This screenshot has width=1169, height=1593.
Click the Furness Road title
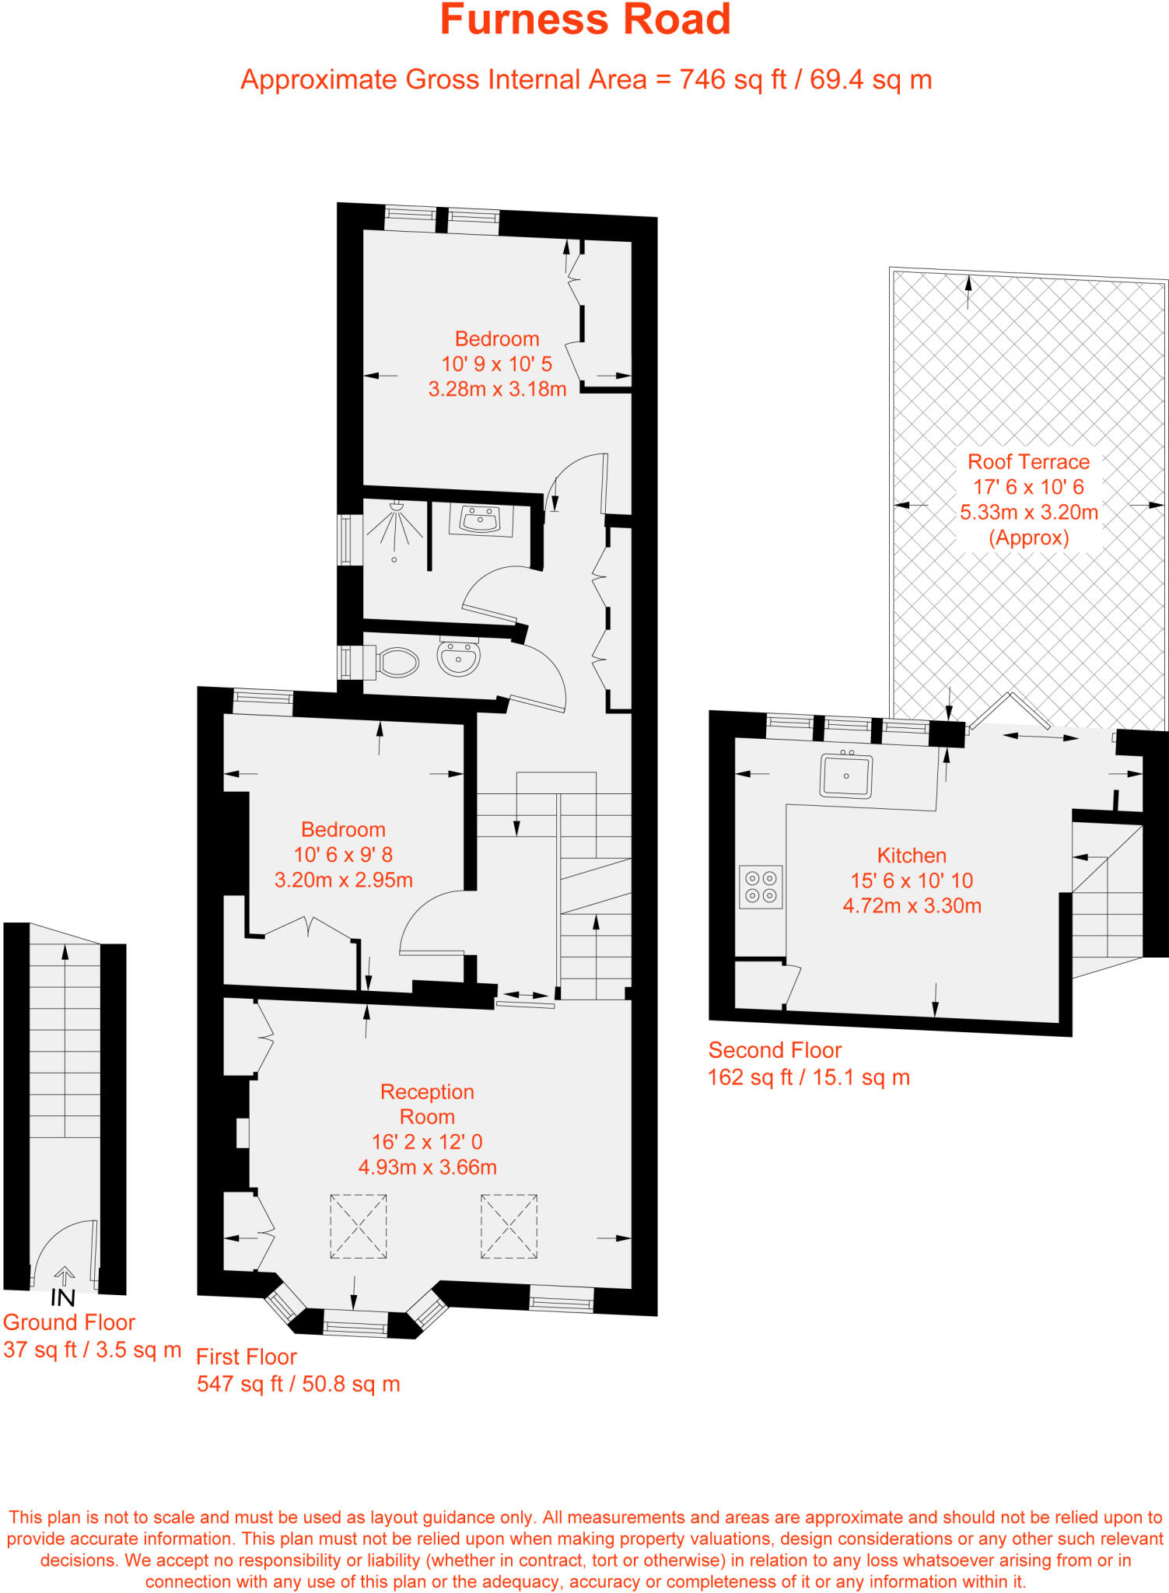pos(585,20)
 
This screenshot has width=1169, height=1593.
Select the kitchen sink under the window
pos(845,775)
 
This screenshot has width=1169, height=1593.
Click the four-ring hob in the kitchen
pos(761,887)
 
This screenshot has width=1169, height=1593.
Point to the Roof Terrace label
pos(1028,462)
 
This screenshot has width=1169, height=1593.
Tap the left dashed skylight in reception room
pos(359,1226)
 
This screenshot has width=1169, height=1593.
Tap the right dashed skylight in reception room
pos(509,1226)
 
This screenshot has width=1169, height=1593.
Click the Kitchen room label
pos(912,856)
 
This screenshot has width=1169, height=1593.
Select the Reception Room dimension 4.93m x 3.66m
pos(427,1167)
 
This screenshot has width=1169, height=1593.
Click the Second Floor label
pos(775,1050)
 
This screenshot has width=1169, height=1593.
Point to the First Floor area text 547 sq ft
pos(298,1384)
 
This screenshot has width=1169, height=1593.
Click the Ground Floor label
pos(69,1322)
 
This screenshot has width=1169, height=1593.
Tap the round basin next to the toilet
pos(459,659)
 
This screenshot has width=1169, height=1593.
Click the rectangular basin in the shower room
pos(480,520)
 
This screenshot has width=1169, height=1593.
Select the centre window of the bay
pos(355,1322)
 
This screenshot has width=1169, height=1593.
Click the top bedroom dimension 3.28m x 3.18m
pos(497,389)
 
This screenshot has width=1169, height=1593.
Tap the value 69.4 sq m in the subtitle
pos(870,79)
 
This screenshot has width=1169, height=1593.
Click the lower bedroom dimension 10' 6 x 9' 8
pos(343,855)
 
